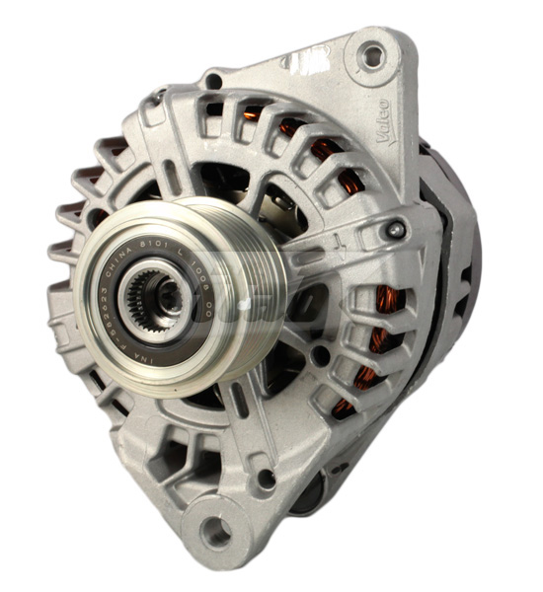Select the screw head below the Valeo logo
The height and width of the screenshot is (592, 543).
click(396, 230)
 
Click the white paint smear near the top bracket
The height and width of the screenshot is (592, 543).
click(295, 61)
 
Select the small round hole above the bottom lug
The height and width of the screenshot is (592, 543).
click(265, 481)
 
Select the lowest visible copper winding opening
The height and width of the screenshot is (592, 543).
click(345, 405)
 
